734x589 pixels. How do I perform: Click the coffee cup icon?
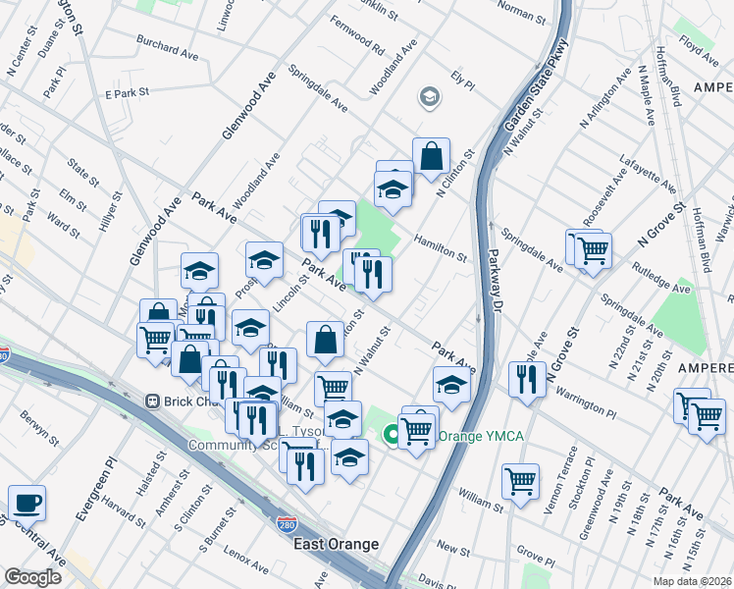click(26, 503)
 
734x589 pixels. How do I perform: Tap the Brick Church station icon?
click(153, 401)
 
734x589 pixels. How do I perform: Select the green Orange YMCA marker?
click(393, 433)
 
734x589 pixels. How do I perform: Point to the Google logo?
click(32, 576)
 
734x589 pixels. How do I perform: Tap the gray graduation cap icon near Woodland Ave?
click(429, 96)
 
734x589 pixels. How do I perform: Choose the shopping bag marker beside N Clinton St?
click(431, 155)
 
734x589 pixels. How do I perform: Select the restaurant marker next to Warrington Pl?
click(528, 379)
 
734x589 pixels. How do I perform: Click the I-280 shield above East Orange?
click(286, 527)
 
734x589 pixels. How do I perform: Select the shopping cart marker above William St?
click(520, 481)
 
